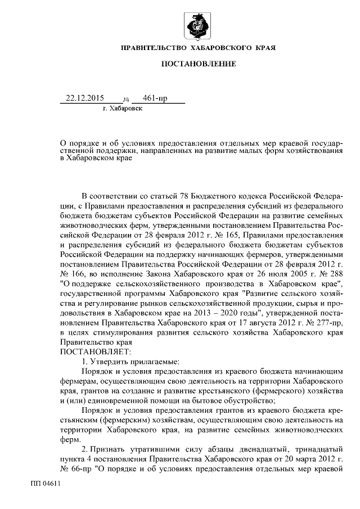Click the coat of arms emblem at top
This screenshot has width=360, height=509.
[199, 26]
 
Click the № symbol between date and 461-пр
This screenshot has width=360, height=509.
[126, 100]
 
